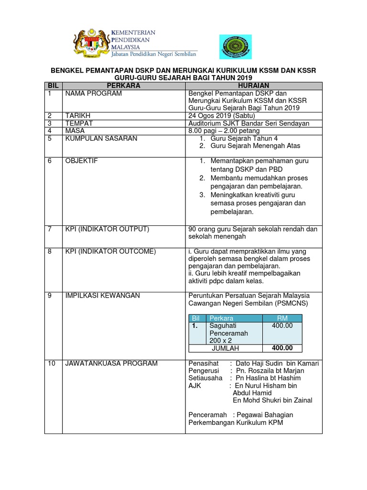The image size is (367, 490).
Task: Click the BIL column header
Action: [53, 85]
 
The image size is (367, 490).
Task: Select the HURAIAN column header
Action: [253, 85]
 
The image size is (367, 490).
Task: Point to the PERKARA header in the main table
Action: [123, 85]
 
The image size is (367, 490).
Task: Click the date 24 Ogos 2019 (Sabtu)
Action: [222, 116]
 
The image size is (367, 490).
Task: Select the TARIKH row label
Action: [78, 116]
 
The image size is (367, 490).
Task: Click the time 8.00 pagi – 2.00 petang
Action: [224, 131]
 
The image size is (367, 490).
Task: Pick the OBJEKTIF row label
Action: [81, 161]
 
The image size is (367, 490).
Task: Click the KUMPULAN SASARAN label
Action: [101, 138]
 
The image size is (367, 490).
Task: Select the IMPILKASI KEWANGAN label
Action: [102, 295]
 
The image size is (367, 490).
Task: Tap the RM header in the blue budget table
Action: [282, 318]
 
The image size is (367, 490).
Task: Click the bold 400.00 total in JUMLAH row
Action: [282, 348]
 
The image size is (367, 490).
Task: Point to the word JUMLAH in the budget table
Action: [225, 348]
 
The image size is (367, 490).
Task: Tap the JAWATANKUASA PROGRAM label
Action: [111, 363]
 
